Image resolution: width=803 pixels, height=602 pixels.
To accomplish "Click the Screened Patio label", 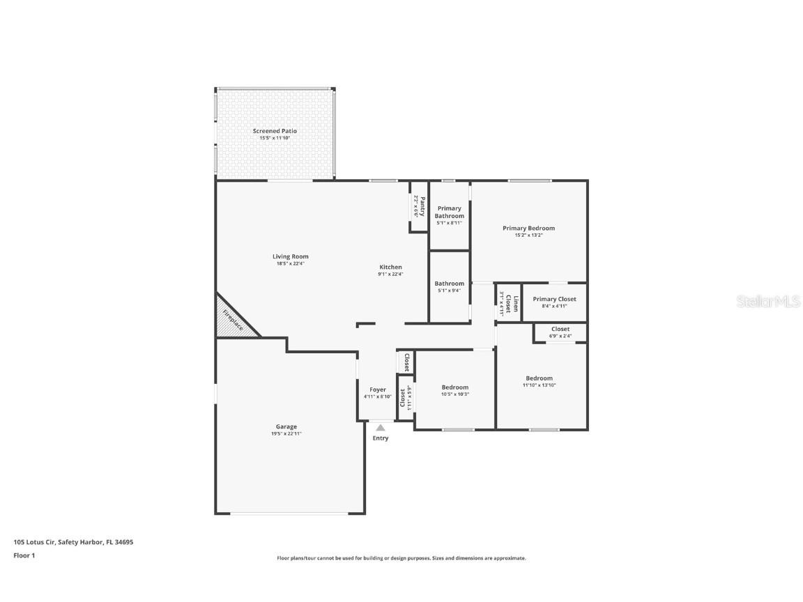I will click(275, 131).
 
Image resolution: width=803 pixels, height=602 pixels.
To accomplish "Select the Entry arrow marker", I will click(380, 428).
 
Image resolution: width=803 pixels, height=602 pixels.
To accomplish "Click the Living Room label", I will click(290, 256).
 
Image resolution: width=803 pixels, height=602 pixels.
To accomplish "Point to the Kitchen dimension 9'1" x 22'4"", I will click(390, 275).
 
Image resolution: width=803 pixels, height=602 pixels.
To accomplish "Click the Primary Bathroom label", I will click(450, 212).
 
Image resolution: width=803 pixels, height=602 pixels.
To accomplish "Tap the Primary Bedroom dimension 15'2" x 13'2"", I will click(528, 236).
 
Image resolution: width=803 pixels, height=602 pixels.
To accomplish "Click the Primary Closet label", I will click(554, 299).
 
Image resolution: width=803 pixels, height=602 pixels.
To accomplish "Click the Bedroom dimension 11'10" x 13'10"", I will click(539, 385).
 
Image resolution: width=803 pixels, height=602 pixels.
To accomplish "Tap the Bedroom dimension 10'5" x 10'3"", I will click(455, 394).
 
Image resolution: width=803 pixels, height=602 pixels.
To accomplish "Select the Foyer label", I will click(378, 389).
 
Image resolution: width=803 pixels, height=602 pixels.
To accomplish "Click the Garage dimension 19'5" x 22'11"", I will click(286, 433).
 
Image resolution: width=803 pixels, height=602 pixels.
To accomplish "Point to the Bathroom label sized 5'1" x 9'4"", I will click(450, 284).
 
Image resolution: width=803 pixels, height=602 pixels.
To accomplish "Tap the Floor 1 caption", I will click(24, 555).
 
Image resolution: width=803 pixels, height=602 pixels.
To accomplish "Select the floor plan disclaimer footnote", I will click(401, 558).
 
